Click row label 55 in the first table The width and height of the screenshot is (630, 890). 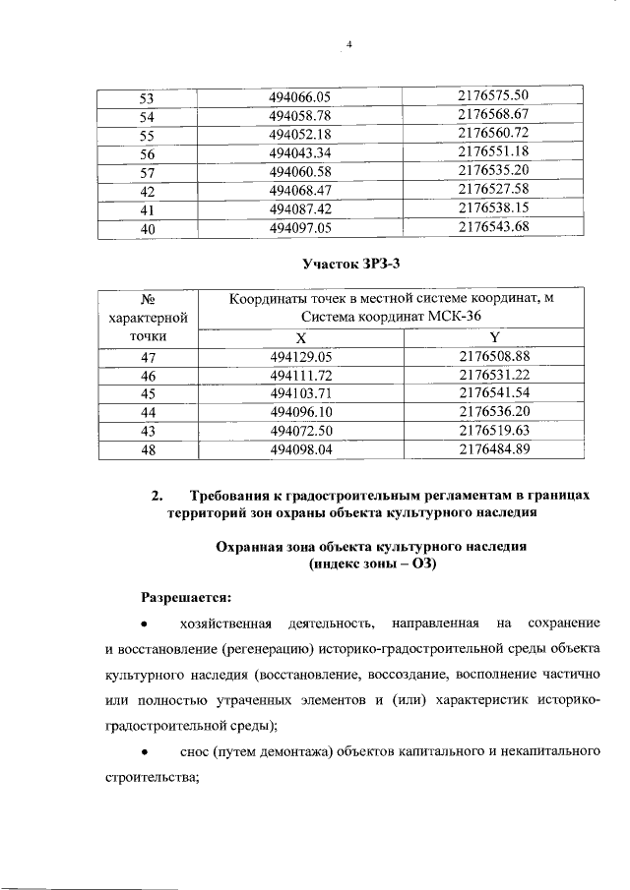point(148,134)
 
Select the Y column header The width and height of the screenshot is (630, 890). point(494,336)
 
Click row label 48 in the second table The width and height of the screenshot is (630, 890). point(149,450)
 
